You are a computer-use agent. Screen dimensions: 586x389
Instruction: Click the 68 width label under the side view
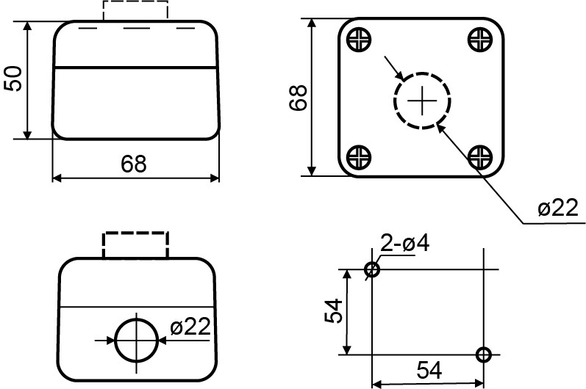coord(133,164)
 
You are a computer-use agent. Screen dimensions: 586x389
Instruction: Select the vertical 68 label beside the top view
coord(299,98)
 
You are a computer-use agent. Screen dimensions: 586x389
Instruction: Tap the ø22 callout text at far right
coord(558,208)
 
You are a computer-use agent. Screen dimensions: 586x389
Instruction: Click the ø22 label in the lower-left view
coord(190,327)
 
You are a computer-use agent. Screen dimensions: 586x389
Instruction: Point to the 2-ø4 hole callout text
coord(404,243)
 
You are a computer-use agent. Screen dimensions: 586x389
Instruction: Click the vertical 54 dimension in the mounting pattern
coord(333,310)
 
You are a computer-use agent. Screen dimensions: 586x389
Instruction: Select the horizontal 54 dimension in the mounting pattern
coord(429,370)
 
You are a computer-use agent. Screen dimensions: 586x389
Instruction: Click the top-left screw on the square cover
coord(359,39)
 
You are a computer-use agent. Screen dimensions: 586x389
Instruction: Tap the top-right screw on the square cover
coord(480,39)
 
